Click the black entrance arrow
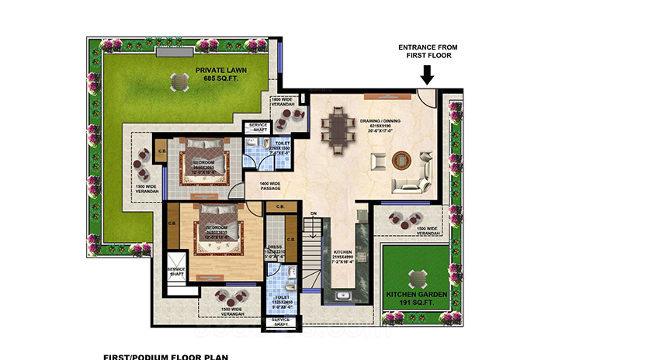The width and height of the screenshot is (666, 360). click(x=426, y=74)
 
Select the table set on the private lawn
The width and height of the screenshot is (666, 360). click(x=179, y=80)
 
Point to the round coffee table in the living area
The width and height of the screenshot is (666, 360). click(x=400, y=161)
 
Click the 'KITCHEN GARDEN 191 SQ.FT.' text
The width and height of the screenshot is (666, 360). click(x=416, y=298)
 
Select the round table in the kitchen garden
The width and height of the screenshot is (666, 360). click(x=417, y=279)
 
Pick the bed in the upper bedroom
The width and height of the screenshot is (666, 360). click(x=204, y=164)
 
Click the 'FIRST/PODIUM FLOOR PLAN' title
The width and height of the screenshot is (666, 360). click(x=165, y=357)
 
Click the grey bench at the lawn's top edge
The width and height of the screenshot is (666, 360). click(x=180, y=52)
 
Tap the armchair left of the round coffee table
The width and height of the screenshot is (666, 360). click(x=379, y=161)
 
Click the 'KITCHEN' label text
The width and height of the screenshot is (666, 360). click(x=342, y=252)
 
